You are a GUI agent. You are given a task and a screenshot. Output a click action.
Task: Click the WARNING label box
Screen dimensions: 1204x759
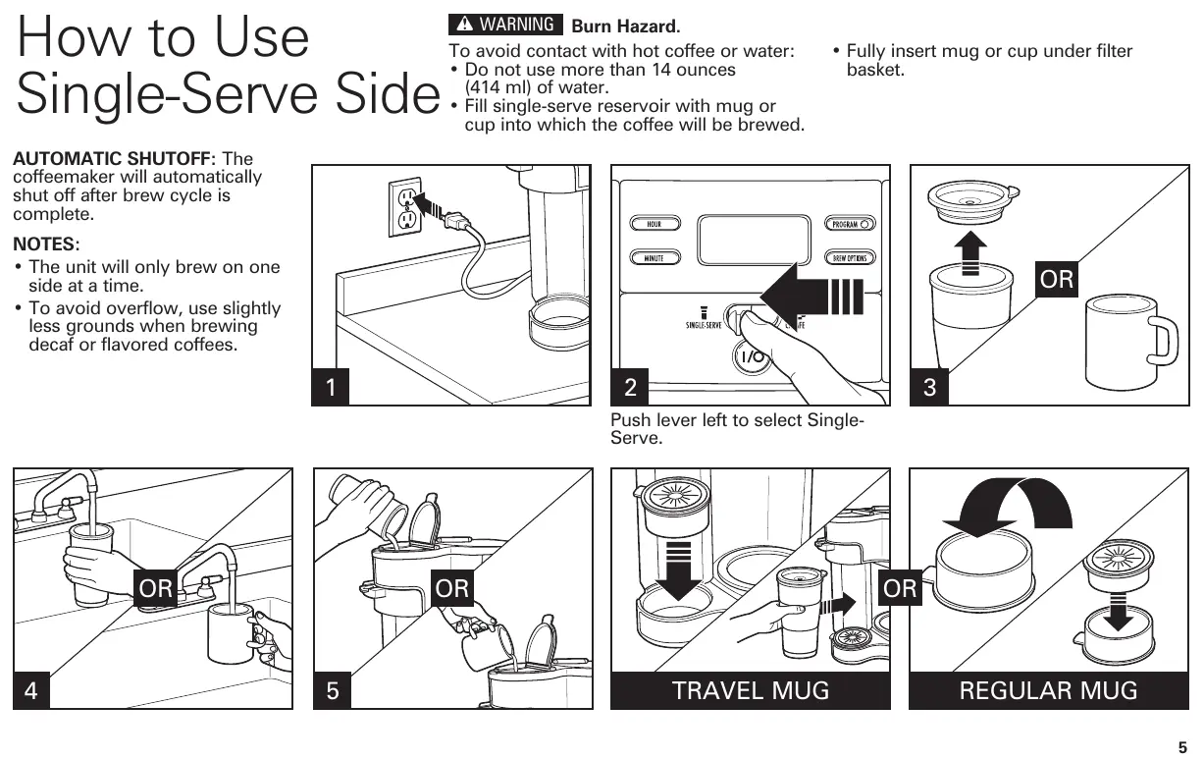coord(505,25)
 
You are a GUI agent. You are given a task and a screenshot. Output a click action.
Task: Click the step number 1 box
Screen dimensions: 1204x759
coord(331,387)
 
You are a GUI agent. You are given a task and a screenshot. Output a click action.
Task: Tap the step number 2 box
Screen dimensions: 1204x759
coord(630,387)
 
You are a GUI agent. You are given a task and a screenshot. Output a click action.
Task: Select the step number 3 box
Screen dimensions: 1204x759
coord(929,387)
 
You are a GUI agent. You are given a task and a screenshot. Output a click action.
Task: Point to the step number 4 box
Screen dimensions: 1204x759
coord(31,690)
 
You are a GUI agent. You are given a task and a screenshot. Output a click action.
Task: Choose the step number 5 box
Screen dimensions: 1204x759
coord(333,690)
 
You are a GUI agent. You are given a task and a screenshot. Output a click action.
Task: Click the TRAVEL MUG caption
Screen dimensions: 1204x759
coord(751,690)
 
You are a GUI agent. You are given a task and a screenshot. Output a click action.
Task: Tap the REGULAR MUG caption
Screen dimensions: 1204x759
coord(1048,690)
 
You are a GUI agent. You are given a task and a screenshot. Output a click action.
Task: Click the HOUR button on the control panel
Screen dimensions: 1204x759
coord(654,224)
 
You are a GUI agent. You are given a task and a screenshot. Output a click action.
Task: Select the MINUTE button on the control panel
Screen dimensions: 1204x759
coord(654,258)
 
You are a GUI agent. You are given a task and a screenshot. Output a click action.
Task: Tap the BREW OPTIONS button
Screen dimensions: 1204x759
coord(850,258)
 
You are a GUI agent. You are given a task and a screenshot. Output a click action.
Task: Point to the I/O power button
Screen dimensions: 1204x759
coord(753,356)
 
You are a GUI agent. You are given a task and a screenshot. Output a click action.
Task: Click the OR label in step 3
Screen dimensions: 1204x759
coord(1057,280)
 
